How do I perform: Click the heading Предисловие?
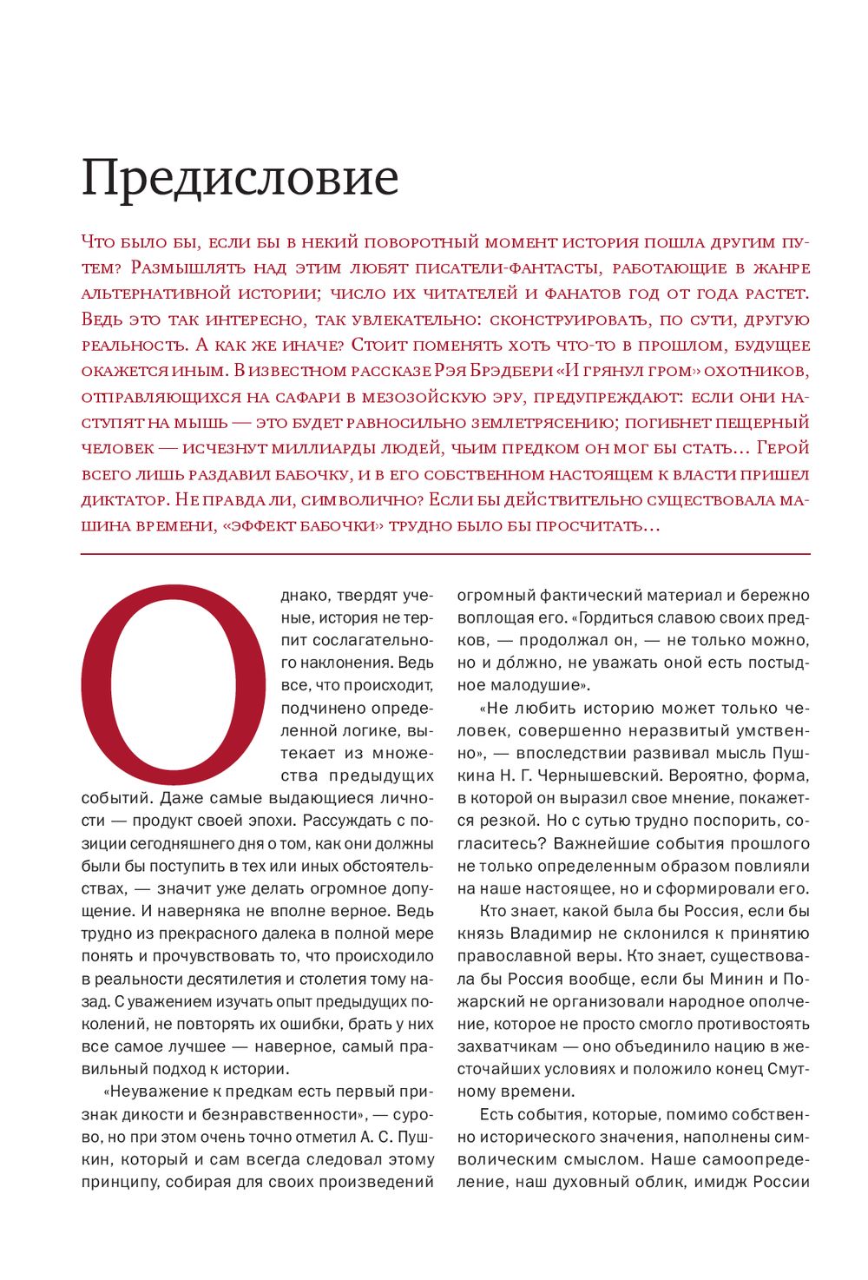240,178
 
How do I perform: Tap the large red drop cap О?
173,686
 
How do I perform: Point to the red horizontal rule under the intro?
445,553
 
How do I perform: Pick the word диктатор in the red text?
123,500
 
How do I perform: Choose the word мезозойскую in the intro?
416,397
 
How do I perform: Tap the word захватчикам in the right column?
507,1046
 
